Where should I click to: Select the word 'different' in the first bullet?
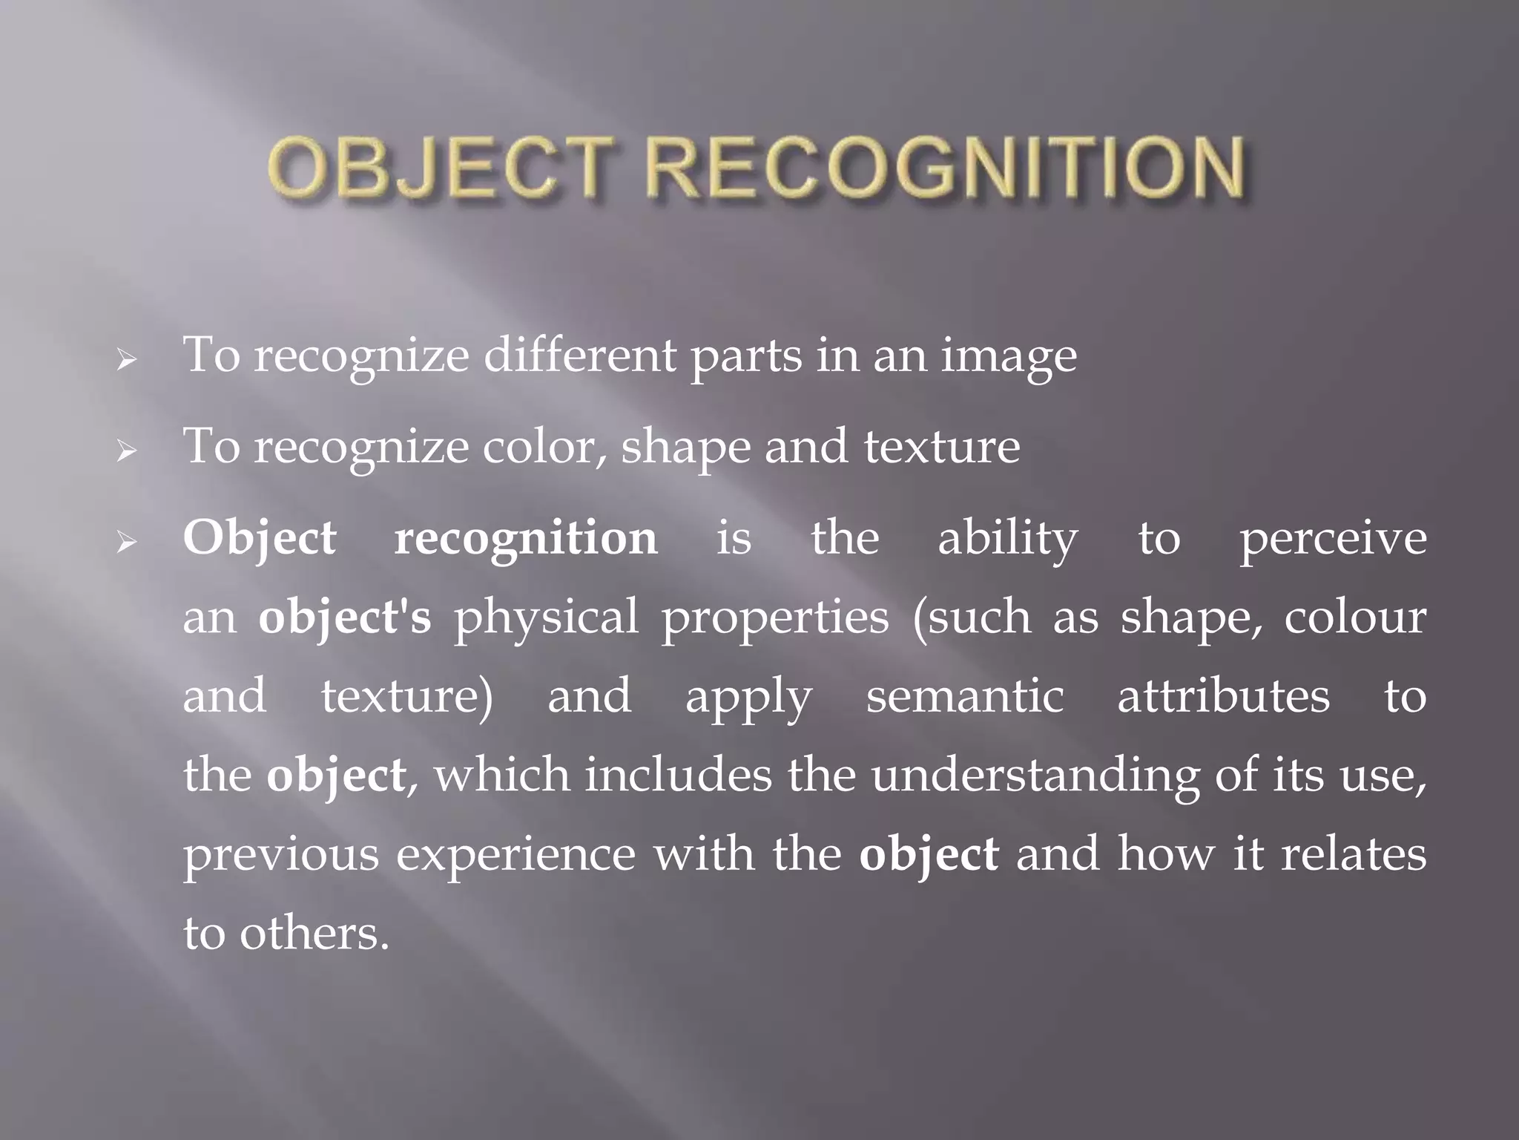[580, 356]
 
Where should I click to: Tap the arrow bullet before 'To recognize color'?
[127, 451]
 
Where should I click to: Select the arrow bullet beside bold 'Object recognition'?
[127, 543]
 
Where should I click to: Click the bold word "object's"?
[345, 618]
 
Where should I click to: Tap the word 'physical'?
[546, 618]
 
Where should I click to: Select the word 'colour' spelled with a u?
[1354, 617]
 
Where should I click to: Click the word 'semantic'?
[965, 697]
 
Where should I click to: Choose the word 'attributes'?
[1223, 697]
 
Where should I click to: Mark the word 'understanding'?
[1035, 776]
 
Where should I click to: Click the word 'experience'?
[515, 855]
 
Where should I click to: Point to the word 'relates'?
[1354, 854]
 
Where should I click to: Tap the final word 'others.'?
[314, 934]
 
